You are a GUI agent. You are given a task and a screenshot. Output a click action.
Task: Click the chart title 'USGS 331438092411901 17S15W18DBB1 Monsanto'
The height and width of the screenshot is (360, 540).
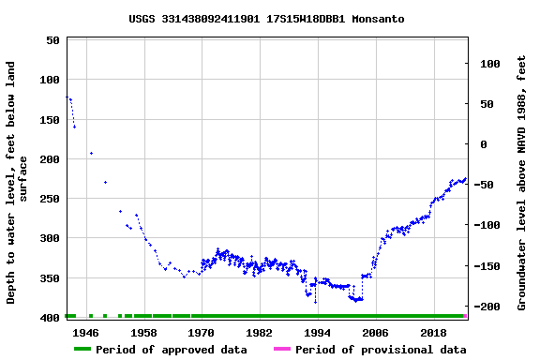[266, 19]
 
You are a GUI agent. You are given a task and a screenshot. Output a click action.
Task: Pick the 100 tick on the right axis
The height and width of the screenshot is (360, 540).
[488, 64]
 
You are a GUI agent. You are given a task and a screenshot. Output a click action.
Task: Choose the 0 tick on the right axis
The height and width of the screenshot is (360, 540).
[483, 144]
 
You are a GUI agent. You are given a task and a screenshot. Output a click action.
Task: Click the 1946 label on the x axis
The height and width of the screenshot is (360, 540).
[85, 333]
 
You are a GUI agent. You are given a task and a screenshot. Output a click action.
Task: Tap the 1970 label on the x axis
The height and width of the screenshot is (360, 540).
[202, 333]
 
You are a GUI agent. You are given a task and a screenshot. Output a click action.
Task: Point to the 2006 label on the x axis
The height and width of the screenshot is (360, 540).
[375, 333]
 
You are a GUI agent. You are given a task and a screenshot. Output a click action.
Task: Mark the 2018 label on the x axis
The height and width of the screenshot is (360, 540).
[433, 333]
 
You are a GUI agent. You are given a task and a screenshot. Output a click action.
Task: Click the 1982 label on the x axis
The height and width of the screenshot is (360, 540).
[260, 333]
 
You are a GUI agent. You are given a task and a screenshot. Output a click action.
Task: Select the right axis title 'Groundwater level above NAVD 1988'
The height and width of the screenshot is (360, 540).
[521, 182]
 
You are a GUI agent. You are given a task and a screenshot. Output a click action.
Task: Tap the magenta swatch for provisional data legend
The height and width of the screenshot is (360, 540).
[282, 350]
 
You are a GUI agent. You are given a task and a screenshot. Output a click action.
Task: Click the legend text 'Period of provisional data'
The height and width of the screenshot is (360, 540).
[381, 350]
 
